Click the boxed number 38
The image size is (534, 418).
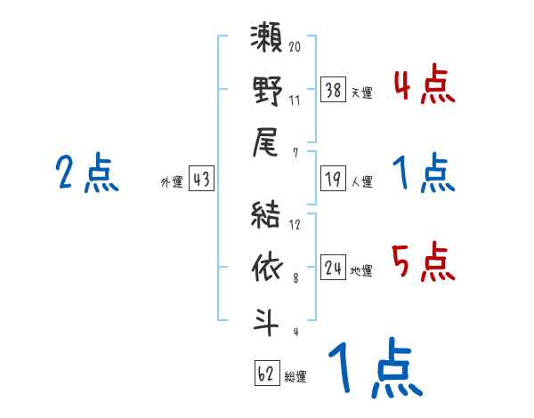coord(334,89)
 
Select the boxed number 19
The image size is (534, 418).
coord(334,180)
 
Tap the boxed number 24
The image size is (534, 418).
coord(334,269)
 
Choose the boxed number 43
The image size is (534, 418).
coord(201,180)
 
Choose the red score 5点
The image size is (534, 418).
coord(424,261)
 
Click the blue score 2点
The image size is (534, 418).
coord(88,173)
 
